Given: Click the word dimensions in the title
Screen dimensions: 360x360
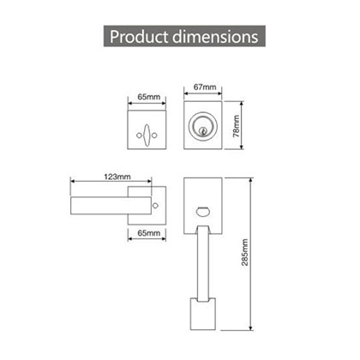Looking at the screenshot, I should tap(215, 38).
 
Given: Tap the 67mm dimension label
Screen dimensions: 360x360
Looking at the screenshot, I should tap(204, 87).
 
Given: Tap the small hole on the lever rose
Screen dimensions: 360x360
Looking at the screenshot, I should tap(154, 207).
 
